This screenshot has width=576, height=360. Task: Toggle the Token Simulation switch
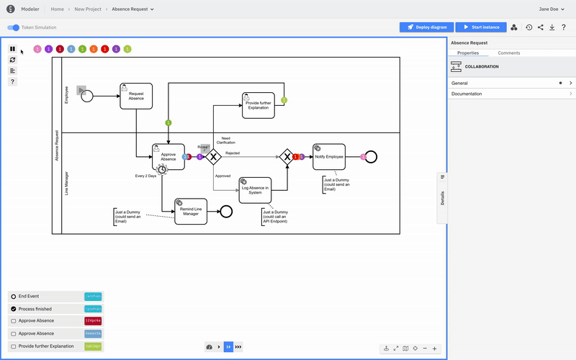(x=14, y=27)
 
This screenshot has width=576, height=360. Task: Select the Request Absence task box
(x=136, y=96)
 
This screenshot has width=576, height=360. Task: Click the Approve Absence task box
(x=168, y=156)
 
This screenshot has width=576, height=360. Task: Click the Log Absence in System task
(x=255, y=189)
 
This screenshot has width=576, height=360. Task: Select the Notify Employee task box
(x=329, y=156)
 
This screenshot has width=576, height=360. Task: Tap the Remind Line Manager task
(x=191, y=211)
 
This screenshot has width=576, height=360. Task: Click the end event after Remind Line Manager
(x=226, y=211)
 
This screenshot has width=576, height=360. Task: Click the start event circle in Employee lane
(x=87, y=96)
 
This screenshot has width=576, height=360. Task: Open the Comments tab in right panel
(x=509, y=53)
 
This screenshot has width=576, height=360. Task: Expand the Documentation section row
(x=511, y=94)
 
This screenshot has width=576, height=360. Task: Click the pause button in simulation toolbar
(x=12, y=49)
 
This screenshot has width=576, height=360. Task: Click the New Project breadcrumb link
(x=88, y=9)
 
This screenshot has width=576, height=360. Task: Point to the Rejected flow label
(x=233, y=153)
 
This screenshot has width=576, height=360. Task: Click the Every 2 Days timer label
(x=145, y=176)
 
